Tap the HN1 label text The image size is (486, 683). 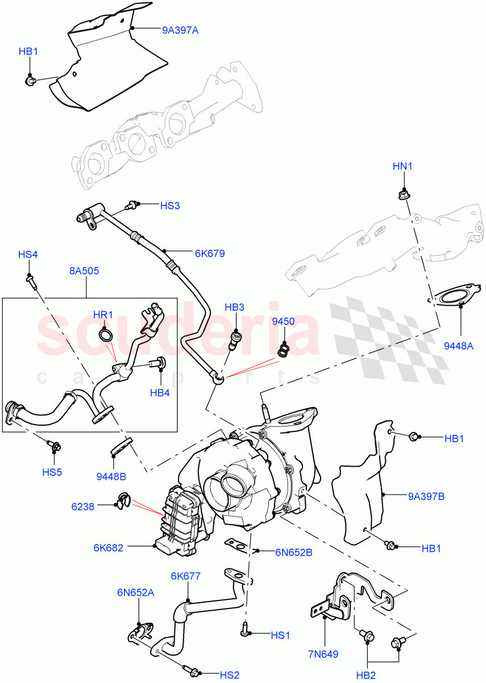402,167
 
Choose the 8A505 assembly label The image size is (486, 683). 84,271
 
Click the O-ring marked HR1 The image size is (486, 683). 105,335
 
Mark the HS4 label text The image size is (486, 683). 28,254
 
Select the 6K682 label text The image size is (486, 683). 109,548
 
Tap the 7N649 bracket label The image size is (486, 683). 324,654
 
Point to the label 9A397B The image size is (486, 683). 426,496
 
